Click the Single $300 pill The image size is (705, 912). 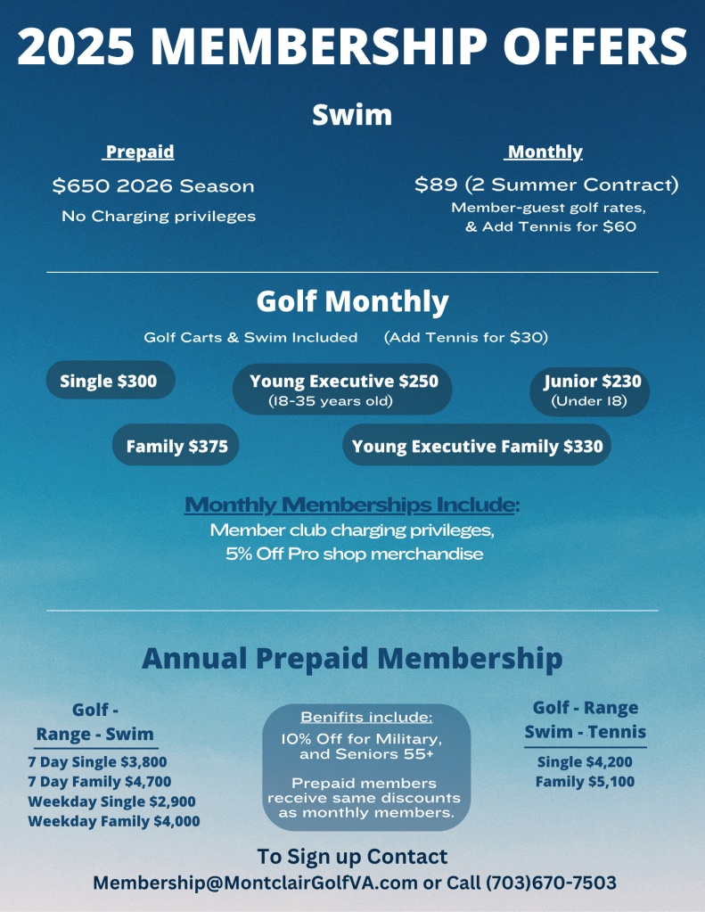(x=109, y=382)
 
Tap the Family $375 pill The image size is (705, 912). (x=176, y=446)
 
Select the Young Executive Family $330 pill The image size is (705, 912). (x=477, y=446)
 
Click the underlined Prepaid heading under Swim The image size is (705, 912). (x=139, y=152)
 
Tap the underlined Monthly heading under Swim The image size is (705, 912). (x=544, y=152)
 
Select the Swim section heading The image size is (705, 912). (x=352, y=115)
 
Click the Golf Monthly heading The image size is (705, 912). (x=352, y=301)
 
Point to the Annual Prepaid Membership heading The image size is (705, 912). (x=352, y=659)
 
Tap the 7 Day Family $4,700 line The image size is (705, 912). (x=99, y=782)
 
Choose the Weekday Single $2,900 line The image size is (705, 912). (x=111, y=801)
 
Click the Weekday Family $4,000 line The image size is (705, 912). (x=113, y=821)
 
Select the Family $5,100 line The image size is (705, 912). (x=584, y=782)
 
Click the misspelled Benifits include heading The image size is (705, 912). (x=366, y=717)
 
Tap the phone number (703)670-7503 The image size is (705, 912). (x=551, y=883)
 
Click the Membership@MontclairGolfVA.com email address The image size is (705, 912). (x=256, y=883)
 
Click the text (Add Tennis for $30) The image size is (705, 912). (x=465, y=337)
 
